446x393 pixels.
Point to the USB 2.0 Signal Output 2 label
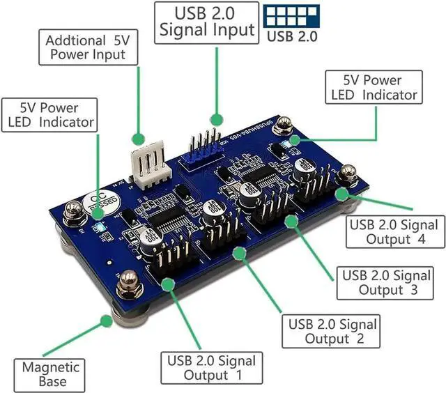tap(332, 331)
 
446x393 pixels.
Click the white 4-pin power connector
tap(147, 162)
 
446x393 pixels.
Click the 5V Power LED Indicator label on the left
tap(48, 115)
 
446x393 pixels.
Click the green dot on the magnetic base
tap(106, 321)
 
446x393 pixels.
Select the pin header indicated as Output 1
tap(171, 261)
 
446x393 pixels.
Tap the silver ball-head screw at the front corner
tap(128, 282)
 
